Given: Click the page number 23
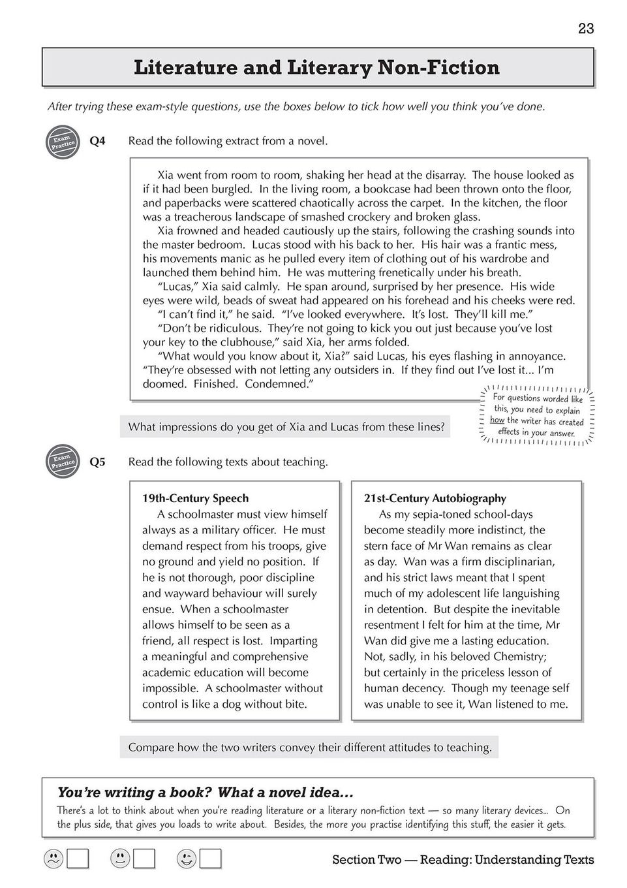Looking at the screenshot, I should tap(585, 29).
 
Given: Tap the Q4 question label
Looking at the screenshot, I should tap(97, 141).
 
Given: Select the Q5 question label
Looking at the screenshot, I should tap(97, 462).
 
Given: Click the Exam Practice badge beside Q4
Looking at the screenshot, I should tap(63, 142).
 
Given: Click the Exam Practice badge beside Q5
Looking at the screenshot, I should tap(63, 462).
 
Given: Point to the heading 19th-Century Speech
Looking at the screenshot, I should tap(195, 499).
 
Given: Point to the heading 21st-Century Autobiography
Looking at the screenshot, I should tap(435, 499).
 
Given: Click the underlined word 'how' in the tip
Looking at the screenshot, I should tap(497, 420).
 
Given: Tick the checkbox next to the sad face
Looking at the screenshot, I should tap(78, 859).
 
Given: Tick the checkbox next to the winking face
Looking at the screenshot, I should tap(211, 859).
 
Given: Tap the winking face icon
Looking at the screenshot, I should tap(186, 859).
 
